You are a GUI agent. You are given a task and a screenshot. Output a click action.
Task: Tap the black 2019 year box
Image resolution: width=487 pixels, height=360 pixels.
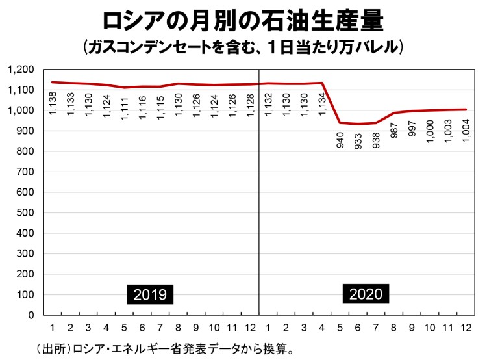click(150, 294)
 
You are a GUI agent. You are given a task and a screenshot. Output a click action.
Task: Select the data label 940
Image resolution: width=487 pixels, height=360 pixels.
click(340, 140)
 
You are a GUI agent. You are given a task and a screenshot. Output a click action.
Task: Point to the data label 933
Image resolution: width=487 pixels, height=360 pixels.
click(358, 141)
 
